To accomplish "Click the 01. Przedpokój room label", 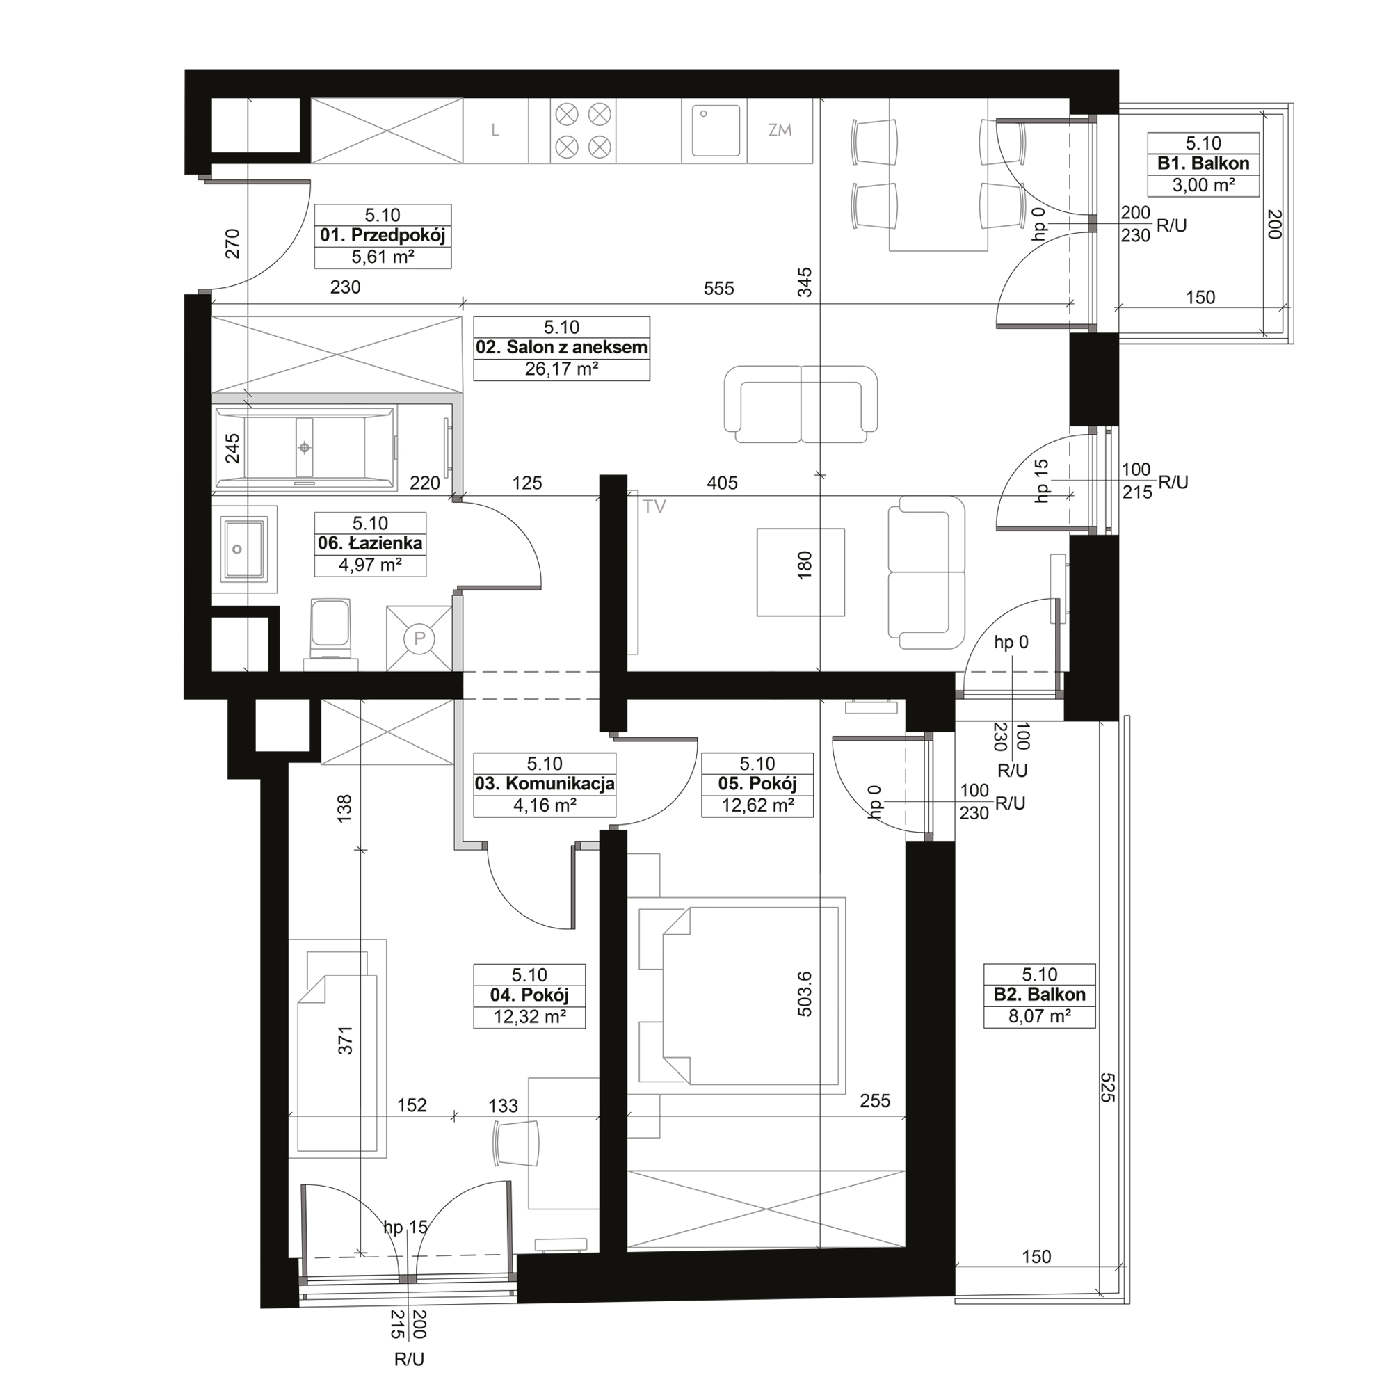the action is tap(383, 236).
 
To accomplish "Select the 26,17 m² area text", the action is tap(561, 369).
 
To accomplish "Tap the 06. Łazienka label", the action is tap(370, 544).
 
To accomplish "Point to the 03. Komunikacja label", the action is tap(545, 784).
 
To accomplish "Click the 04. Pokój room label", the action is tap(529, 995).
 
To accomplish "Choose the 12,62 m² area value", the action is tap(757, 805).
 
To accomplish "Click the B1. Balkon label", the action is tap(1203, 163).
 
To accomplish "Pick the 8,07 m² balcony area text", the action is tap(1040, 1017).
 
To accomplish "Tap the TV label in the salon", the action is tap(654, 507).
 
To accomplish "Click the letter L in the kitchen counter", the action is tap(495, 130).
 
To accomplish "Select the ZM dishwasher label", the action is tap(780, 130).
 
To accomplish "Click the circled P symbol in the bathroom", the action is tap(420, 638).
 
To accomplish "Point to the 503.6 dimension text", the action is tap(805, 994).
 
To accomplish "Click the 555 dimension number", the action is tap(718, 289).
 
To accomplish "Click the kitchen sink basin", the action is tap(716, 130).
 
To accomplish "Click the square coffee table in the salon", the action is tap(801, 572).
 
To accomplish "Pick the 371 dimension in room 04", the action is tap(346, 1040).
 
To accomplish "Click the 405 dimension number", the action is tap(722, 483).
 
